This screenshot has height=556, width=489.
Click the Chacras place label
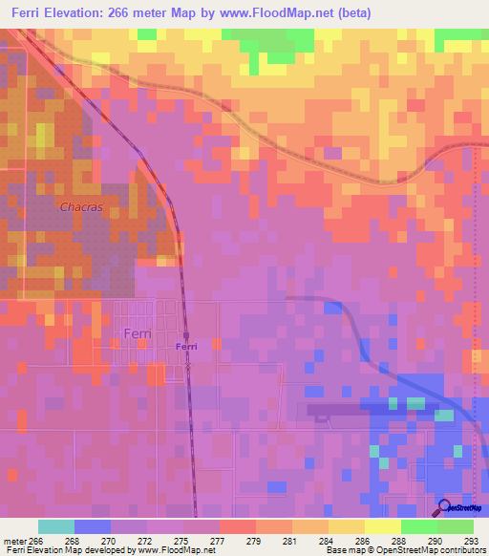coord(81,206)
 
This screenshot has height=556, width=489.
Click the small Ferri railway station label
coord(186,347)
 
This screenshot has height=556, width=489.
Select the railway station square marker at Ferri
coord(187,335)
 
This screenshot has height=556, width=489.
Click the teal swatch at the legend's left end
coord(56,526)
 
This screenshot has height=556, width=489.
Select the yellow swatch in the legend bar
coord(346,526)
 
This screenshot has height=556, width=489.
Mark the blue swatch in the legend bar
coord(93,526)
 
